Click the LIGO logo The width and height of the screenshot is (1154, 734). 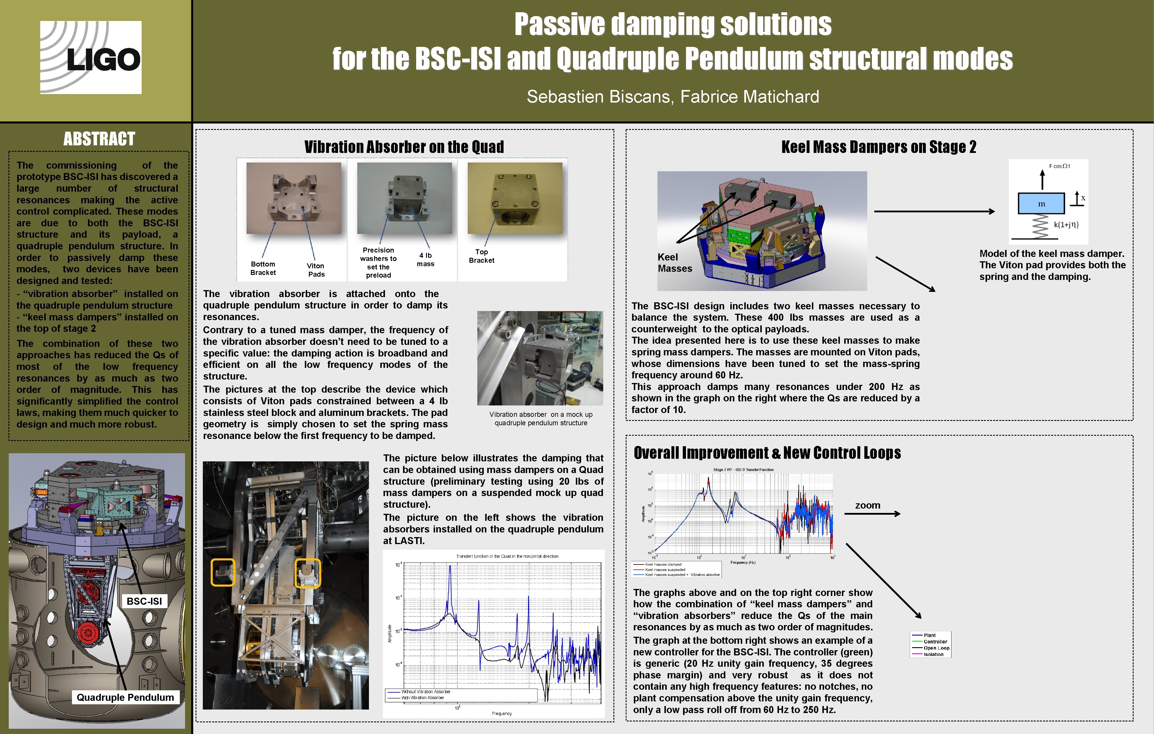[x=91, y=57]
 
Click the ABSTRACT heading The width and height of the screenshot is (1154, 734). [x=99, y=139]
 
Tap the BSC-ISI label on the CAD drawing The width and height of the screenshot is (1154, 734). [x=144, y=601]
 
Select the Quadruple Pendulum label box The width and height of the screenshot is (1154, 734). [x=126, y=697]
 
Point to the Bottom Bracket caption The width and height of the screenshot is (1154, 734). [x=263, y=268]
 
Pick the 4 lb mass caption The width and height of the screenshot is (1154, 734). [x=425, y=260]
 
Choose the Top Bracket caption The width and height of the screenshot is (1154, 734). [x=482, y=256]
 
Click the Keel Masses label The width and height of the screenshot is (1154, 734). [x=674, y=262]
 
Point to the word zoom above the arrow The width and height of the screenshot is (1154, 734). [x=868, y=505]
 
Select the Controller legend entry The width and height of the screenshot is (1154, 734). [x=935, y=642]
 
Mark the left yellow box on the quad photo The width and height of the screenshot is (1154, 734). [x=223, y=572]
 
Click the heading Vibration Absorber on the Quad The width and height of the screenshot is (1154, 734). [x=404, y=147]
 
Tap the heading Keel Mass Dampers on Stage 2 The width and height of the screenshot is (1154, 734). [x=878, y=147]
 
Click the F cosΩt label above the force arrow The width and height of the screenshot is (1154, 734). [x=1059, y=166]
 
